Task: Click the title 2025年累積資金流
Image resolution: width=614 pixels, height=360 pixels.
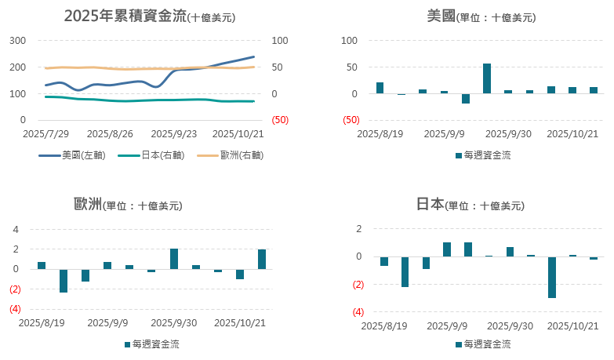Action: [125, 16]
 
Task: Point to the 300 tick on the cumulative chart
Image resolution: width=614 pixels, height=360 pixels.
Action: [18, 41]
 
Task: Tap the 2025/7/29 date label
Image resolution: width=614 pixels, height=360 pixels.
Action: [46, 134]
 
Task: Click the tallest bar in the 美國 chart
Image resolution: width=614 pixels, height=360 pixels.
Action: [487, 78]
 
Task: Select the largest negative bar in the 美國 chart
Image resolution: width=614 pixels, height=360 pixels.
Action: [466, 99]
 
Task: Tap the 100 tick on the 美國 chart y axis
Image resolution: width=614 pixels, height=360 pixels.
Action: [351, 41]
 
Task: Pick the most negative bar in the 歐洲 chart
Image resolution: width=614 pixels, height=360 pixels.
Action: [64, 281]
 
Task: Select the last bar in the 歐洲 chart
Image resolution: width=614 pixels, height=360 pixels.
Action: [262, 260]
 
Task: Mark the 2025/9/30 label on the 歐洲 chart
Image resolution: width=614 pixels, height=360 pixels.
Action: [173, 322]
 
